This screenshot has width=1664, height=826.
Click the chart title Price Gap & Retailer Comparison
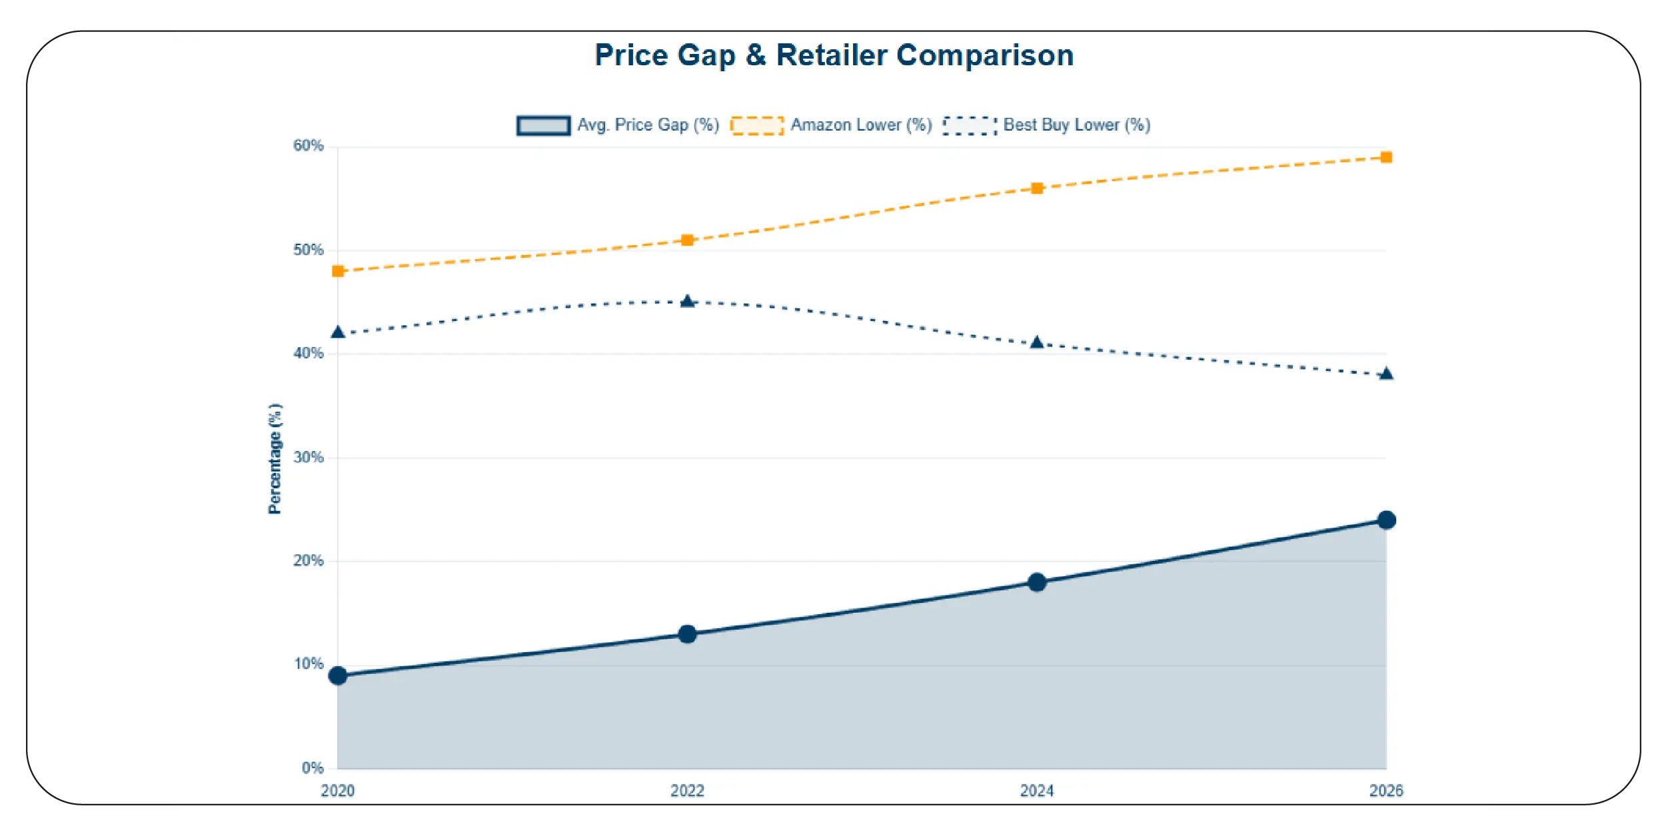834,55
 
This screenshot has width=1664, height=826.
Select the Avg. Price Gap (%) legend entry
618,125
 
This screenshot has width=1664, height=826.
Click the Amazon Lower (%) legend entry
831,125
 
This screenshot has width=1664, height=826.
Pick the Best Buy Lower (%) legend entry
1047,125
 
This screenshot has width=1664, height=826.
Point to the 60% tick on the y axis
308,146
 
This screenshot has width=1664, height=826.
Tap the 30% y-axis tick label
308,458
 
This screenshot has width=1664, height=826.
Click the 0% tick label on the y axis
312,768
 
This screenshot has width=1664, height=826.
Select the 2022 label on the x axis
687,791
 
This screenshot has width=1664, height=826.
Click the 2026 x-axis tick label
1385,791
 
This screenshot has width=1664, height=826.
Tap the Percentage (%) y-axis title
275,458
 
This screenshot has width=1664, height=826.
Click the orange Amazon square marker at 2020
338,271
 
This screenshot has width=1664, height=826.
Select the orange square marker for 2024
1037,189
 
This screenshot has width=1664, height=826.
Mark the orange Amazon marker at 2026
1386,157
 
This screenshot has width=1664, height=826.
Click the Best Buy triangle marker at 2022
687,302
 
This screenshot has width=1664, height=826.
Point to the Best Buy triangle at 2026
1386,374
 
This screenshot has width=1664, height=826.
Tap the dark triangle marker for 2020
338,332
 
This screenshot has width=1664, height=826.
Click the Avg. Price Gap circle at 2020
338,675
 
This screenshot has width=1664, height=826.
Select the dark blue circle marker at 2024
1037,582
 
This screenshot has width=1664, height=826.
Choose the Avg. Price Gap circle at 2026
1386,520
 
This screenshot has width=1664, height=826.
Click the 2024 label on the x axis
1037,791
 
